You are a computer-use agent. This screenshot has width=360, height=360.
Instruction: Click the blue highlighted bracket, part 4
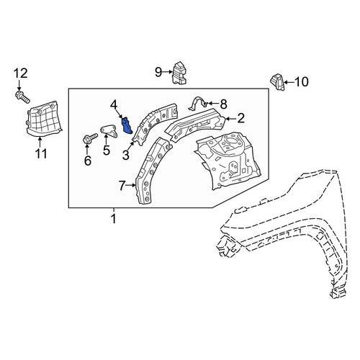(127, 125)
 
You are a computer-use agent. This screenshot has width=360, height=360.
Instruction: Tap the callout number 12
(20, 73)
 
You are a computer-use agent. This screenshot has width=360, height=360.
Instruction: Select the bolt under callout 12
(22, 96)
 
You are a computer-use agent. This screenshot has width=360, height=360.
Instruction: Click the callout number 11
(41, 153)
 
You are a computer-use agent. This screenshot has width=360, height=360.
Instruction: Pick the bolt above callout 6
(90, 138)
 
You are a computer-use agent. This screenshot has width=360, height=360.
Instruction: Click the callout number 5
(107, 150)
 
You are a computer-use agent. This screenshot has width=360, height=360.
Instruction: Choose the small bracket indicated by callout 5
(109, 131)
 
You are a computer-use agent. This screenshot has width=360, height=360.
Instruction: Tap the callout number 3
(126, 156)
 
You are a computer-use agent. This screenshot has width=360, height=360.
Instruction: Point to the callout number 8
(223, 104)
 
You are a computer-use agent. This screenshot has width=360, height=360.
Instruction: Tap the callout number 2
(240, 118)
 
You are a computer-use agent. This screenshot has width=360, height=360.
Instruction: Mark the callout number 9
(158, 72)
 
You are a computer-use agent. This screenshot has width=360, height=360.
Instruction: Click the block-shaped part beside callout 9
(179, 73)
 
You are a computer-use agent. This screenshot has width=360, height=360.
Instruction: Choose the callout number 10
(301, 82)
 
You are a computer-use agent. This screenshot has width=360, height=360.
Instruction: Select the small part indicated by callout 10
(278, 82)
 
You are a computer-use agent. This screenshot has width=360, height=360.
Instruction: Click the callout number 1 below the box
(114, 219)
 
